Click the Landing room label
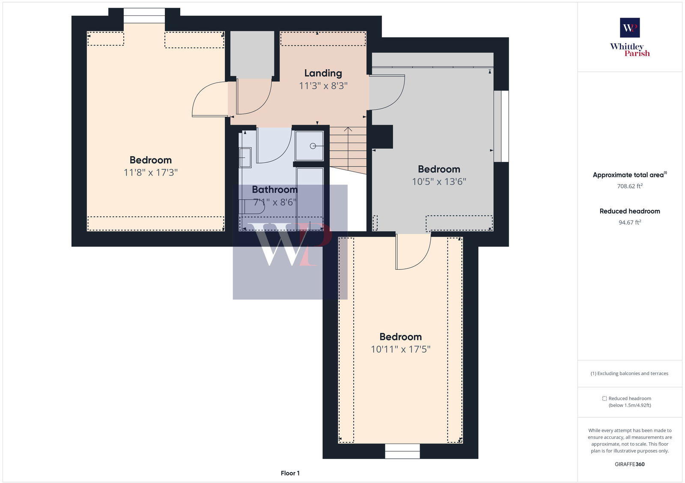[323, 73]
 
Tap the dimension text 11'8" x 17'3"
[150, 173]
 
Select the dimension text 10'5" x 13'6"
[439, 182]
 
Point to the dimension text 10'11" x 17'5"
[400, 349]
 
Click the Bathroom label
[274, 189]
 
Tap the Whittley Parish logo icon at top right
[629, 28]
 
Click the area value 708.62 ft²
[629, 186]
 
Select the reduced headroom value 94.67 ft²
[629, 222]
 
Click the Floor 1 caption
[290, 473]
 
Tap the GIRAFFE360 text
[629, 464]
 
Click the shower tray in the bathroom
[310, 146]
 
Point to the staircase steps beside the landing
[348, 148]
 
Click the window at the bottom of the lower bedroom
[402, 451]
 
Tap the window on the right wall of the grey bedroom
[501, 126]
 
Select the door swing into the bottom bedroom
[412, 253]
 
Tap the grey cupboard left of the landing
[252, 54]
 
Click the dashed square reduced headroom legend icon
[604, 398]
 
